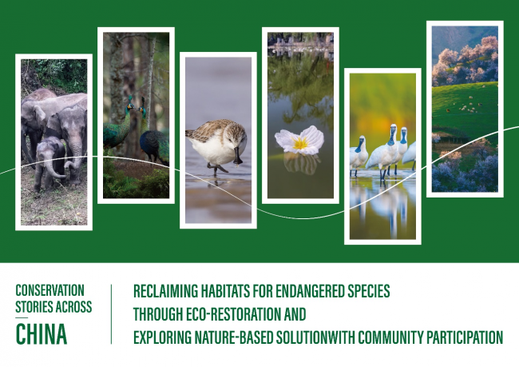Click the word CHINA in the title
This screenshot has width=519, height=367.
(x=42, y=334)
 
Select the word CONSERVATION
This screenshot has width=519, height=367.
(x=50, y=290)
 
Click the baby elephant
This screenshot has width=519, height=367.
(x=50, y=162)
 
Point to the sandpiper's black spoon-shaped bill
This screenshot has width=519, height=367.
(x=237, y=157)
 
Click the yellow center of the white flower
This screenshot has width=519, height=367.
(x=300, y=143)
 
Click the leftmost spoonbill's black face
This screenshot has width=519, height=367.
(x=360, y=145)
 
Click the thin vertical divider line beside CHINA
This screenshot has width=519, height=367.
(x=112, y=314)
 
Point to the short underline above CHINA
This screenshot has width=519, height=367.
(x=22, y=318)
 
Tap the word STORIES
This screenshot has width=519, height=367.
(x=34, y=307)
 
